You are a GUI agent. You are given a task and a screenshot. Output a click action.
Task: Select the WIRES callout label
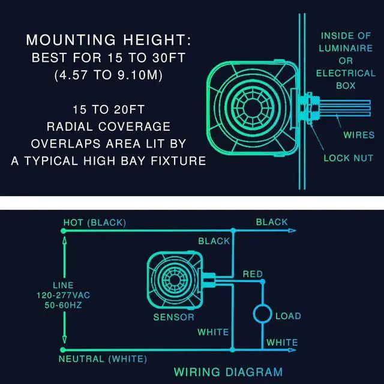359,135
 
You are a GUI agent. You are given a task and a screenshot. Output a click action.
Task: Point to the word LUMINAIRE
345,48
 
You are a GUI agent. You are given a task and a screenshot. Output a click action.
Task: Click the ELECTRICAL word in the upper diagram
345,73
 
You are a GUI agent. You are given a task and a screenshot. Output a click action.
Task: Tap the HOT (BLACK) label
95,223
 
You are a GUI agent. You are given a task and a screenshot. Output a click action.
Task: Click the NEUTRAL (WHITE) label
103,359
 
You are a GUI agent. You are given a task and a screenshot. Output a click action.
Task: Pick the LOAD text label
288,316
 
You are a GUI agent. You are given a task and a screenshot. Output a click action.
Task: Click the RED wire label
253,274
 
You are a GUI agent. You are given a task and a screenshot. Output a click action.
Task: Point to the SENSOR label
173,317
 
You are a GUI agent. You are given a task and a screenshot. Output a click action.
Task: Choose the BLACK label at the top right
272,222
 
